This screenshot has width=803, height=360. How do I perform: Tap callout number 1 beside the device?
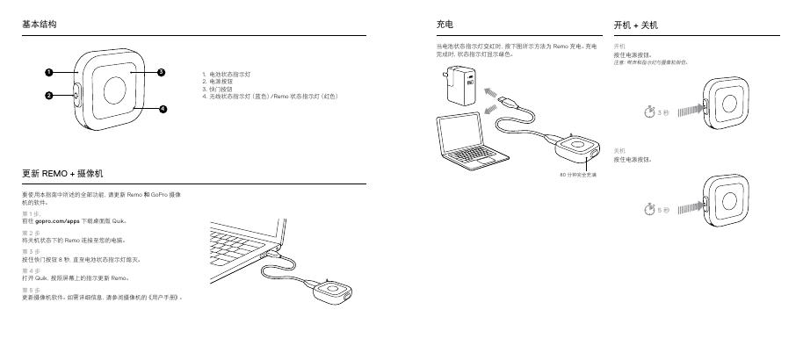[x=50, y=72]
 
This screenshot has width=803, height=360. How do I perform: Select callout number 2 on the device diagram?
[x=50, y=96]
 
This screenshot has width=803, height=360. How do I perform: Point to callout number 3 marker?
[x=161, y=72]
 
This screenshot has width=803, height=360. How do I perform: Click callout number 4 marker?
[x=163, y=109]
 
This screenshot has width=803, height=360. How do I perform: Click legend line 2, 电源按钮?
[x=220, y=81]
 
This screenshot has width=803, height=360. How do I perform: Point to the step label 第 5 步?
[x=31, y=289]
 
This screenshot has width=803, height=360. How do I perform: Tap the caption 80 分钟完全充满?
[x=578, y=175]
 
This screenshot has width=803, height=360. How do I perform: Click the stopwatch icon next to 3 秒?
[x=648, y=113]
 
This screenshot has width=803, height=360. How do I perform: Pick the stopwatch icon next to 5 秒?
[x=648, y=211]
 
